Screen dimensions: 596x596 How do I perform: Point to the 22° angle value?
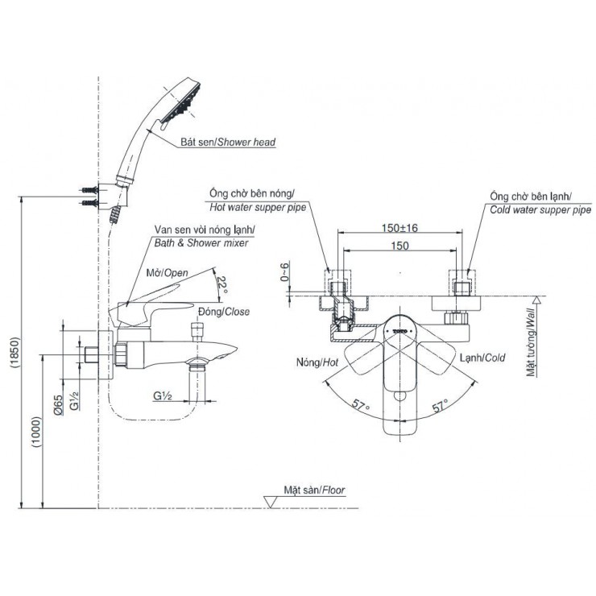tap(222, 284)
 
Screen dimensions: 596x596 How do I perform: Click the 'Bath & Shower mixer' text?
tap(202, 242)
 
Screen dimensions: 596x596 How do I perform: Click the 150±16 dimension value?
tap(399, 228)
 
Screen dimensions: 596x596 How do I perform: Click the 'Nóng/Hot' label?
tap(318, 363)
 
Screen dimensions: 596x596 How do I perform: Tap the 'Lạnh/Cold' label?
tap(482, 357)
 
